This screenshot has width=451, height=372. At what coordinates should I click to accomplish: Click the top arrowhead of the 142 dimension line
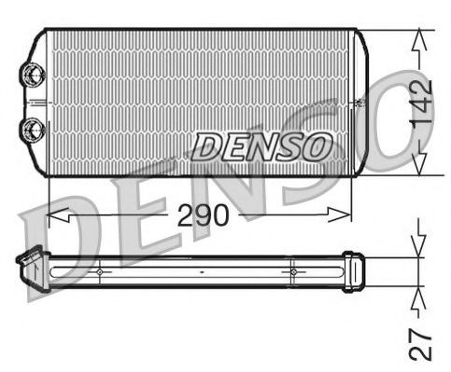click(420, 37)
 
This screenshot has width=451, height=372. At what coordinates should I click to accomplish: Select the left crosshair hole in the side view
click(99, 271)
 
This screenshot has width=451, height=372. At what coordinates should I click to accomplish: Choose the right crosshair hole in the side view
click(293, 271)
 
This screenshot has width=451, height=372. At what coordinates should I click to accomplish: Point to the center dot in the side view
click(202, 271)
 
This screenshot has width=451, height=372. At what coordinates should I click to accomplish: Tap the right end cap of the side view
click(353, 271)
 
